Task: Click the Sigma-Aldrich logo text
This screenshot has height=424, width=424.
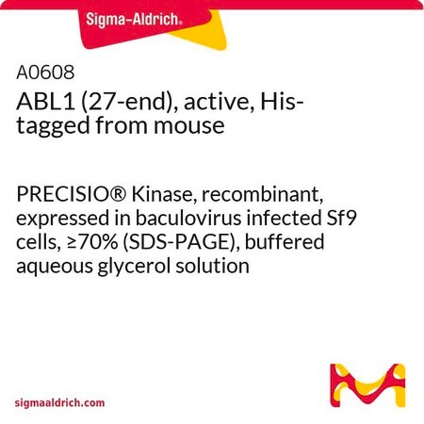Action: (134, 20)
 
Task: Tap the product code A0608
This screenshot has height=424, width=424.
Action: (45, 73)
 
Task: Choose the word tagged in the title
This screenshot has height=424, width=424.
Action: (53, 126)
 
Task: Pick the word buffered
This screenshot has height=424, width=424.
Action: (285, 242)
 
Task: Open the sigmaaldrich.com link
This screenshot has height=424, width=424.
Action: (59, 403)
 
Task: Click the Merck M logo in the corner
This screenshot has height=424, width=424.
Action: (367, 385)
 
